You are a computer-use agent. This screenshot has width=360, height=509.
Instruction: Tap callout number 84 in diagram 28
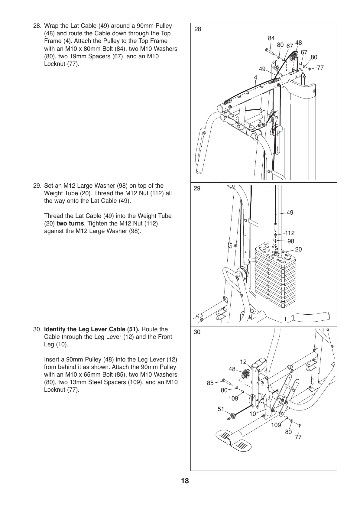click(x=271, y=38)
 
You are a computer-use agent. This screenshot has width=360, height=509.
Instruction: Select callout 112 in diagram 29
click(x=290, y=233)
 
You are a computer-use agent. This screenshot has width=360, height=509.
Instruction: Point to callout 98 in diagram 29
click(x=290, y=241)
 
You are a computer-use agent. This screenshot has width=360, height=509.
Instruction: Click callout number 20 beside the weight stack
click(x=298, y=249)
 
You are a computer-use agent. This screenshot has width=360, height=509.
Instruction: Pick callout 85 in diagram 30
click(x=210, y=383)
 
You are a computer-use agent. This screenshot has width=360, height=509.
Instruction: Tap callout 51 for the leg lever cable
click(x=221, y=409)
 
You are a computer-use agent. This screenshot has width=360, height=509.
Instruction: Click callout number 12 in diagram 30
click(x=243, y=362)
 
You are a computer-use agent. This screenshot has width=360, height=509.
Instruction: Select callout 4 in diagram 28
click(x=255, y=77)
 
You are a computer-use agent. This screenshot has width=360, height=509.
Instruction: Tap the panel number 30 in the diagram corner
click(x=197, y=332)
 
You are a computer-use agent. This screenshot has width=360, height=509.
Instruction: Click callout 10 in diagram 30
click(x=252, y=413)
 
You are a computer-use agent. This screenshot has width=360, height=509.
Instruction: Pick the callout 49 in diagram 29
click(x=290, y=213)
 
